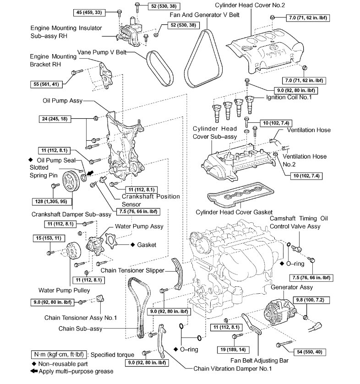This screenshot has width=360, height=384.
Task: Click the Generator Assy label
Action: coord(292,287)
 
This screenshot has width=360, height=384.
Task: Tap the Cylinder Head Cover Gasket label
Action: coord(234,212)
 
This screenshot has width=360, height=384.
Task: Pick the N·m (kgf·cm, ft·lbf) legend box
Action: coord(60,354)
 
